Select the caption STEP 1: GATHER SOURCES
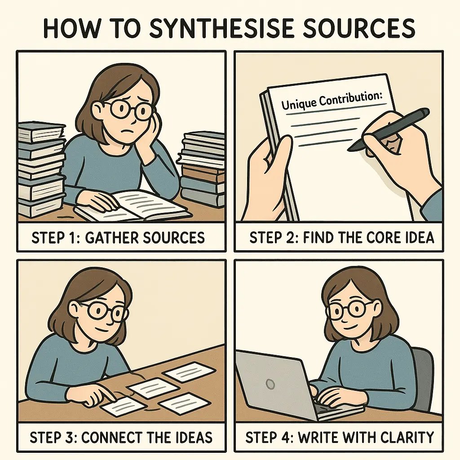118,237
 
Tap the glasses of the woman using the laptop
349,310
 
